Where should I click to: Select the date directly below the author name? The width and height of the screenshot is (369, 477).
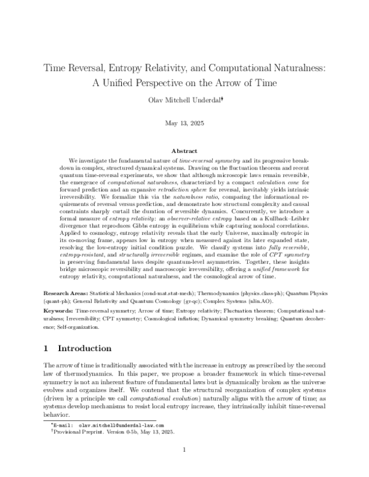(x=184, y=123)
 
